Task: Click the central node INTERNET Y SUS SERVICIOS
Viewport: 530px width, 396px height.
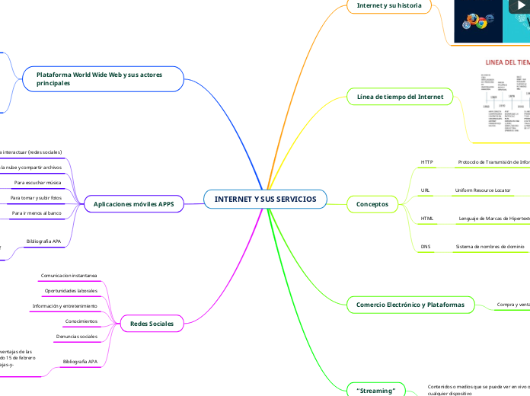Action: [265, 200]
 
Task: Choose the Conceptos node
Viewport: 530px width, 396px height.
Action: [372, 204]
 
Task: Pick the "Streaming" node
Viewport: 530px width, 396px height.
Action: [376, 390]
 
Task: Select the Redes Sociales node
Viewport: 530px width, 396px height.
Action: [152, 324]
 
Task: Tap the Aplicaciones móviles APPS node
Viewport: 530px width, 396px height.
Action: [133, 204]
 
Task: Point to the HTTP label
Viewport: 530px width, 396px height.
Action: [426, 162]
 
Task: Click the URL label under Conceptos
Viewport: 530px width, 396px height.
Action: [426, 190]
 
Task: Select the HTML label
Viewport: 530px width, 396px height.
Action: [427, 219]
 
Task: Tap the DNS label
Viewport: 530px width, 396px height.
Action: [426, 247]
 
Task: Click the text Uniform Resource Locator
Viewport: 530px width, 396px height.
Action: [482, 190]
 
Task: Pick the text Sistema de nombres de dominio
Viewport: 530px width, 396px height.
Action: [490, 247]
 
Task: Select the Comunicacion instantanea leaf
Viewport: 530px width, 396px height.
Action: [69, 275]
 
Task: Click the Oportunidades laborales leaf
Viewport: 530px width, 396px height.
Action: [71, 291]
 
